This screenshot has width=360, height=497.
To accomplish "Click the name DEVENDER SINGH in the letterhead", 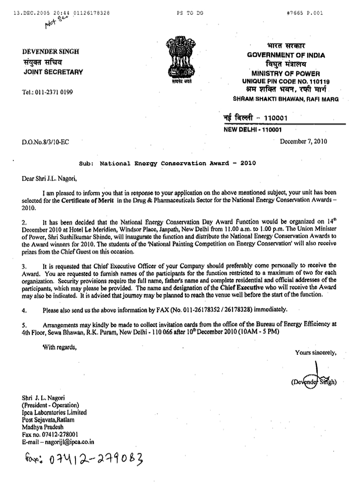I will click(49, 52).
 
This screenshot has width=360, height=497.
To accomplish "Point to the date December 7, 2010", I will click(308, 141).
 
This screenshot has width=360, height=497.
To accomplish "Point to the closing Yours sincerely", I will click(316, 352).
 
